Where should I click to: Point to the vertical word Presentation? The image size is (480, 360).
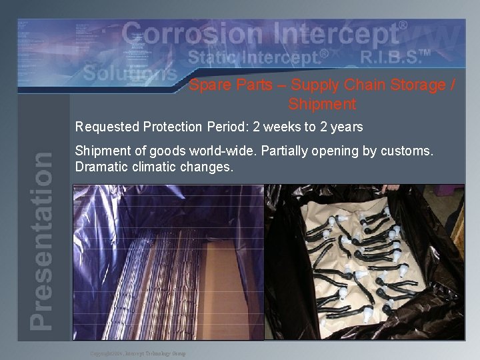42,240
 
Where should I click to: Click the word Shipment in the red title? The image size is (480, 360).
322,105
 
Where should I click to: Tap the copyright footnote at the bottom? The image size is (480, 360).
138,353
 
